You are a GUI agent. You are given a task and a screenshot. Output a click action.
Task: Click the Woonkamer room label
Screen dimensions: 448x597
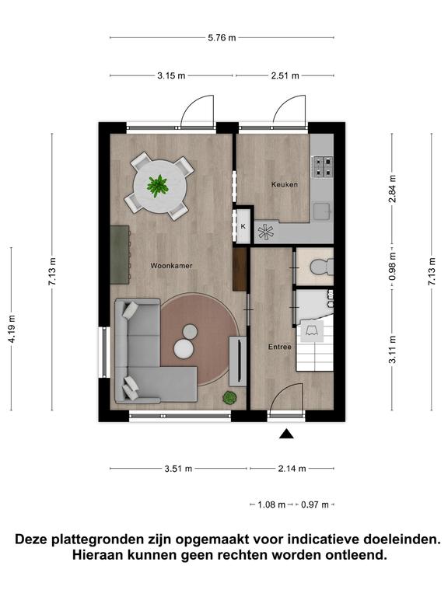coord(171,266)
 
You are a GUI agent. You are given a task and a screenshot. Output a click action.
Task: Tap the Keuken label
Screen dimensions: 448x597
coord(285,184)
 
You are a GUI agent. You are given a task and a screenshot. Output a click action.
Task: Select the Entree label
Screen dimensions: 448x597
coord(280,347)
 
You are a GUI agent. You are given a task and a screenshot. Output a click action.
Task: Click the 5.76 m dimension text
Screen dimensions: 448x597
coord(222,37)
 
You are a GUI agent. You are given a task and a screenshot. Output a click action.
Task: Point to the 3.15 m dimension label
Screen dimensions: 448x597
coord(171,75)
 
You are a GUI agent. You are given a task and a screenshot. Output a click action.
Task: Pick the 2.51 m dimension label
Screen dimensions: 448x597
coord(285,75)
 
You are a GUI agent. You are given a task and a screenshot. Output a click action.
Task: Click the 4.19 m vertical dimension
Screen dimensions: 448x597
coord(12,329)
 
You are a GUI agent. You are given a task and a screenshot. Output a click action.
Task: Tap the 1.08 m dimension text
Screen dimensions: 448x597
coord(271,504)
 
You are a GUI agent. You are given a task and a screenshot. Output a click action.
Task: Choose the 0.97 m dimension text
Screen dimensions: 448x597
coord(315,504)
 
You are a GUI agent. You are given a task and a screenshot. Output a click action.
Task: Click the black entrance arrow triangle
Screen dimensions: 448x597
coord(286,434)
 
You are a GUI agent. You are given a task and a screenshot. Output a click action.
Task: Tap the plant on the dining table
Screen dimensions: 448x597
coord(157,186)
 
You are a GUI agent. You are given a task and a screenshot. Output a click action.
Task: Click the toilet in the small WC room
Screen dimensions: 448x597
coord(321,266)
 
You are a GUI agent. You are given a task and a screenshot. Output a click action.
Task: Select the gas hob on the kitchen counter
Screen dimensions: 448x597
coord(322,168)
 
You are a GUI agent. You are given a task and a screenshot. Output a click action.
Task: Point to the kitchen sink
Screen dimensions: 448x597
coord(321,211)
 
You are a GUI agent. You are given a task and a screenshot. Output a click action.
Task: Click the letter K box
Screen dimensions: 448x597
coord(243,226)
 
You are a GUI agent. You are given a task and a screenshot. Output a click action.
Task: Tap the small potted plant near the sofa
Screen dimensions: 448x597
coord(229,398)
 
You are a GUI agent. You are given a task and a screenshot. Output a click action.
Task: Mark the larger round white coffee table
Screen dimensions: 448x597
coord(184,348)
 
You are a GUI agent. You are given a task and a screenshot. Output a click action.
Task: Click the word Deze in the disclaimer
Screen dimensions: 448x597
coord(32,539)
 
